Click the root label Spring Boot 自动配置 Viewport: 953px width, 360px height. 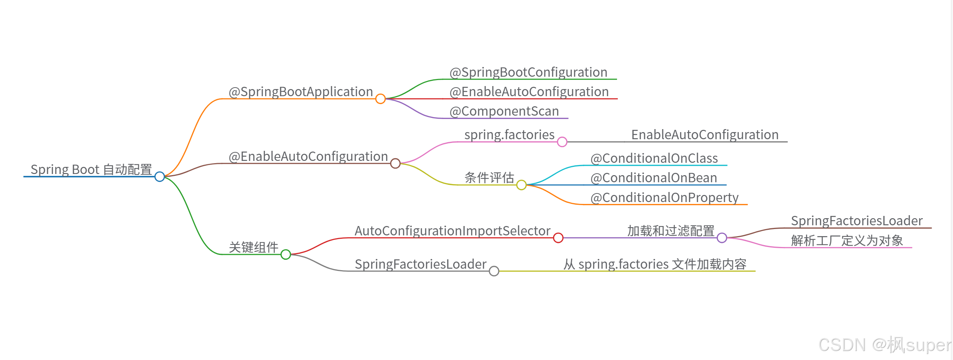[91, 170]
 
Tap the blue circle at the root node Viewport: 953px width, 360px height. [160, 177]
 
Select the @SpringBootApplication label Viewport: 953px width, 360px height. [300, 92]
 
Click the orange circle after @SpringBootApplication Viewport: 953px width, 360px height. [381, 99]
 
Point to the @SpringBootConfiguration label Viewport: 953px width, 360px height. [528, 72]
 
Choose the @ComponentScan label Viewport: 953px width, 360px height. [504, 111]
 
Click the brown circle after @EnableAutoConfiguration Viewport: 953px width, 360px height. [395, 164]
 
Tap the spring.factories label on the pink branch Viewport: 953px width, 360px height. [509, 135]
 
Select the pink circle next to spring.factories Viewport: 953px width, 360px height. [562, 142]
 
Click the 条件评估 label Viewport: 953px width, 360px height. [489, 177]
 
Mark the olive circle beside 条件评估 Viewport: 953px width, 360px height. [521, 185]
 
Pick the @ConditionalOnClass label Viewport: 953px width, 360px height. [654, 158]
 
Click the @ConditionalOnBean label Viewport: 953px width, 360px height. [654, 178]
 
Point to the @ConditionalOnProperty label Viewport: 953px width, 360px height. [664, 198]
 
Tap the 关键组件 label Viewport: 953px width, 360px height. [253, 247]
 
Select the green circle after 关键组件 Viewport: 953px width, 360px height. [286, 254]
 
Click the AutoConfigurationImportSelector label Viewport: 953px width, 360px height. [452, 231]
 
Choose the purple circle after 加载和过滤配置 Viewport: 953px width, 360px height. [722, 238]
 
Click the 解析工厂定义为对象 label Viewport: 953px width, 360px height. [847, 241]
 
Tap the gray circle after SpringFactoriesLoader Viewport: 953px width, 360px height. [494, 271]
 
